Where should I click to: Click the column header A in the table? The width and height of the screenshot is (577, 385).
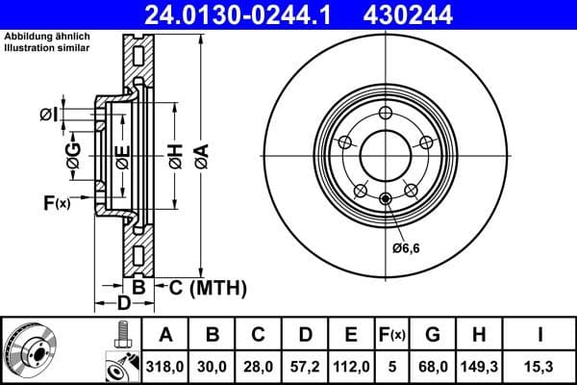coord(165,335)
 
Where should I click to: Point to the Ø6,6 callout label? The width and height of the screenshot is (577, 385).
coord(408,249)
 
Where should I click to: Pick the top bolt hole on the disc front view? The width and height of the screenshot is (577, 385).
coord(386,115)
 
